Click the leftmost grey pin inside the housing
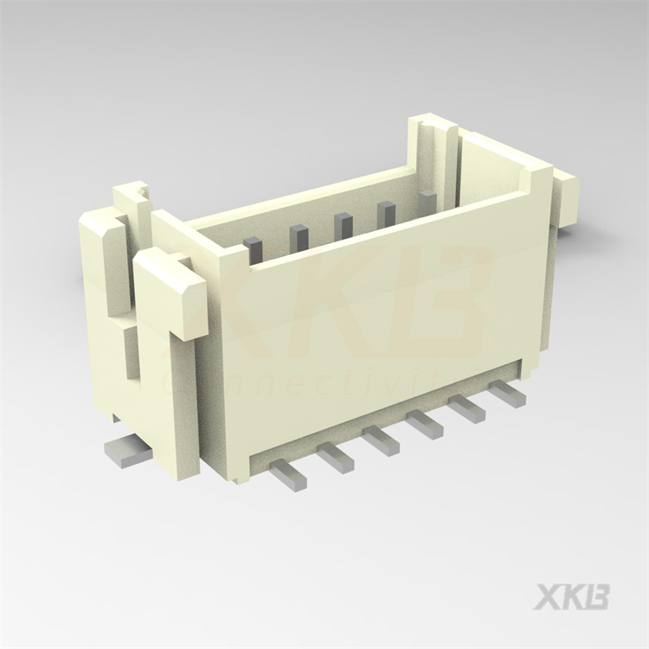254,247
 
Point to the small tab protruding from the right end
568,197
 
